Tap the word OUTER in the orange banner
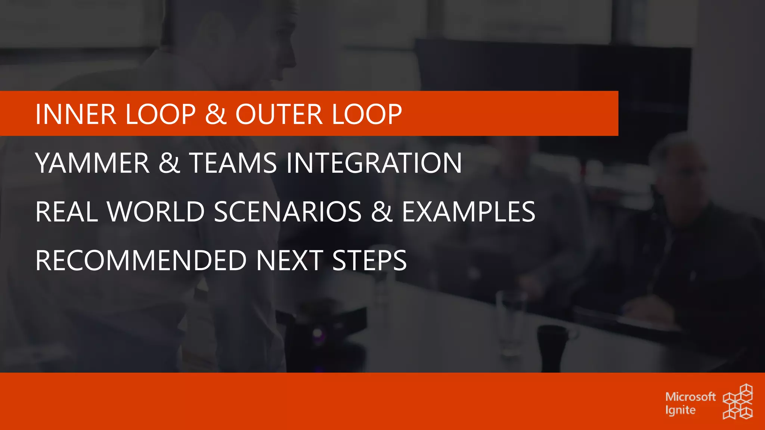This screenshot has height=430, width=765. tap(279, 114)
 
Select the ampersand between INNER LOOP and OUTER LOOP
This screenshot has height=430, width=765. tap(216, 114)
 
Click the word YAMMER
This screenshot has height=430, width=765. tap(92, 163)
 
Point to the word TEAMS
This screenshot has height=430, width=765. tap(233, 163)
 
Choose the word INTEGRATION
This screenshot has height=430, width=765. tap(374, 163)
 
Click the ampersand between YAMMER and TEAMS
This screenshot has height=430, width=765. tap(169, 163)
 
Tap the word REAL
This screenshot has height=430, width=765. tap(66, 212)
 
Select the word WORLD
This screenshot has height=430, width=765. tap(156, 212)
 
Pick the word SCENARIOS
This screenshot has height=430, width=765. tap(288, 212)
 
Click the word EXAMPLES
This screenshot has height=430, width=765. tap(468, 212)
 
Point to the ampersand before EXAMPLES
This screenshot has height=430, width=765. tap(381, 212)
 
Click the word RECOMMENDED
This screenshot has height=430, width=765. tap(141, 261)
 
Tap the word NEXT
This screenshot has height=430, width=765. tap(289, 261)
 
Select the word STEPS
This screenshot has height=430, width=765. tap(369, 261)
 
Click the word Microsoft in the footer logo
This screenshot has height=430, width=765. tap(690, 396)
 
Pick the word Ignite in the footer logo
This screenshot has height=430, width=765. tap(680, 410)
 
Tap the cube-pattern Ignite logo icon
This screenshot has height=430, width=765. tap(738, 402)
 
